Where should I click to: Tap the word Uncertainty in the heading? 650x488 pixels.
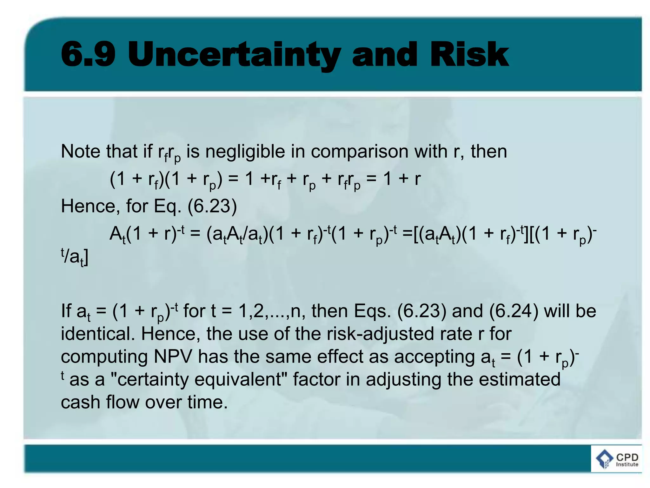[x=234, y=55]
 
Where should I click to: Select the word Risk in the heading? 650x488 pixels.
[x=469, y=55]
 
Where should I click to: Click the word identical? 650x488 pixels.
[x=98, y=334]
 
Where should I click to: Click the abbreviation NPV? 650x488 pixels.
[x=173, y=356]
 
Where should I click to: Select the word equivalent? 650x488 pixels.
[x=238, y=380]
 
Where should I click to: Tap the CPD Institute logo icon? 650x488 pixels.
[x=604, y=459]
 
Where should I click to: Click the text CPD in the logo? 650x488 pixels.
[x=627, y=457]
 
